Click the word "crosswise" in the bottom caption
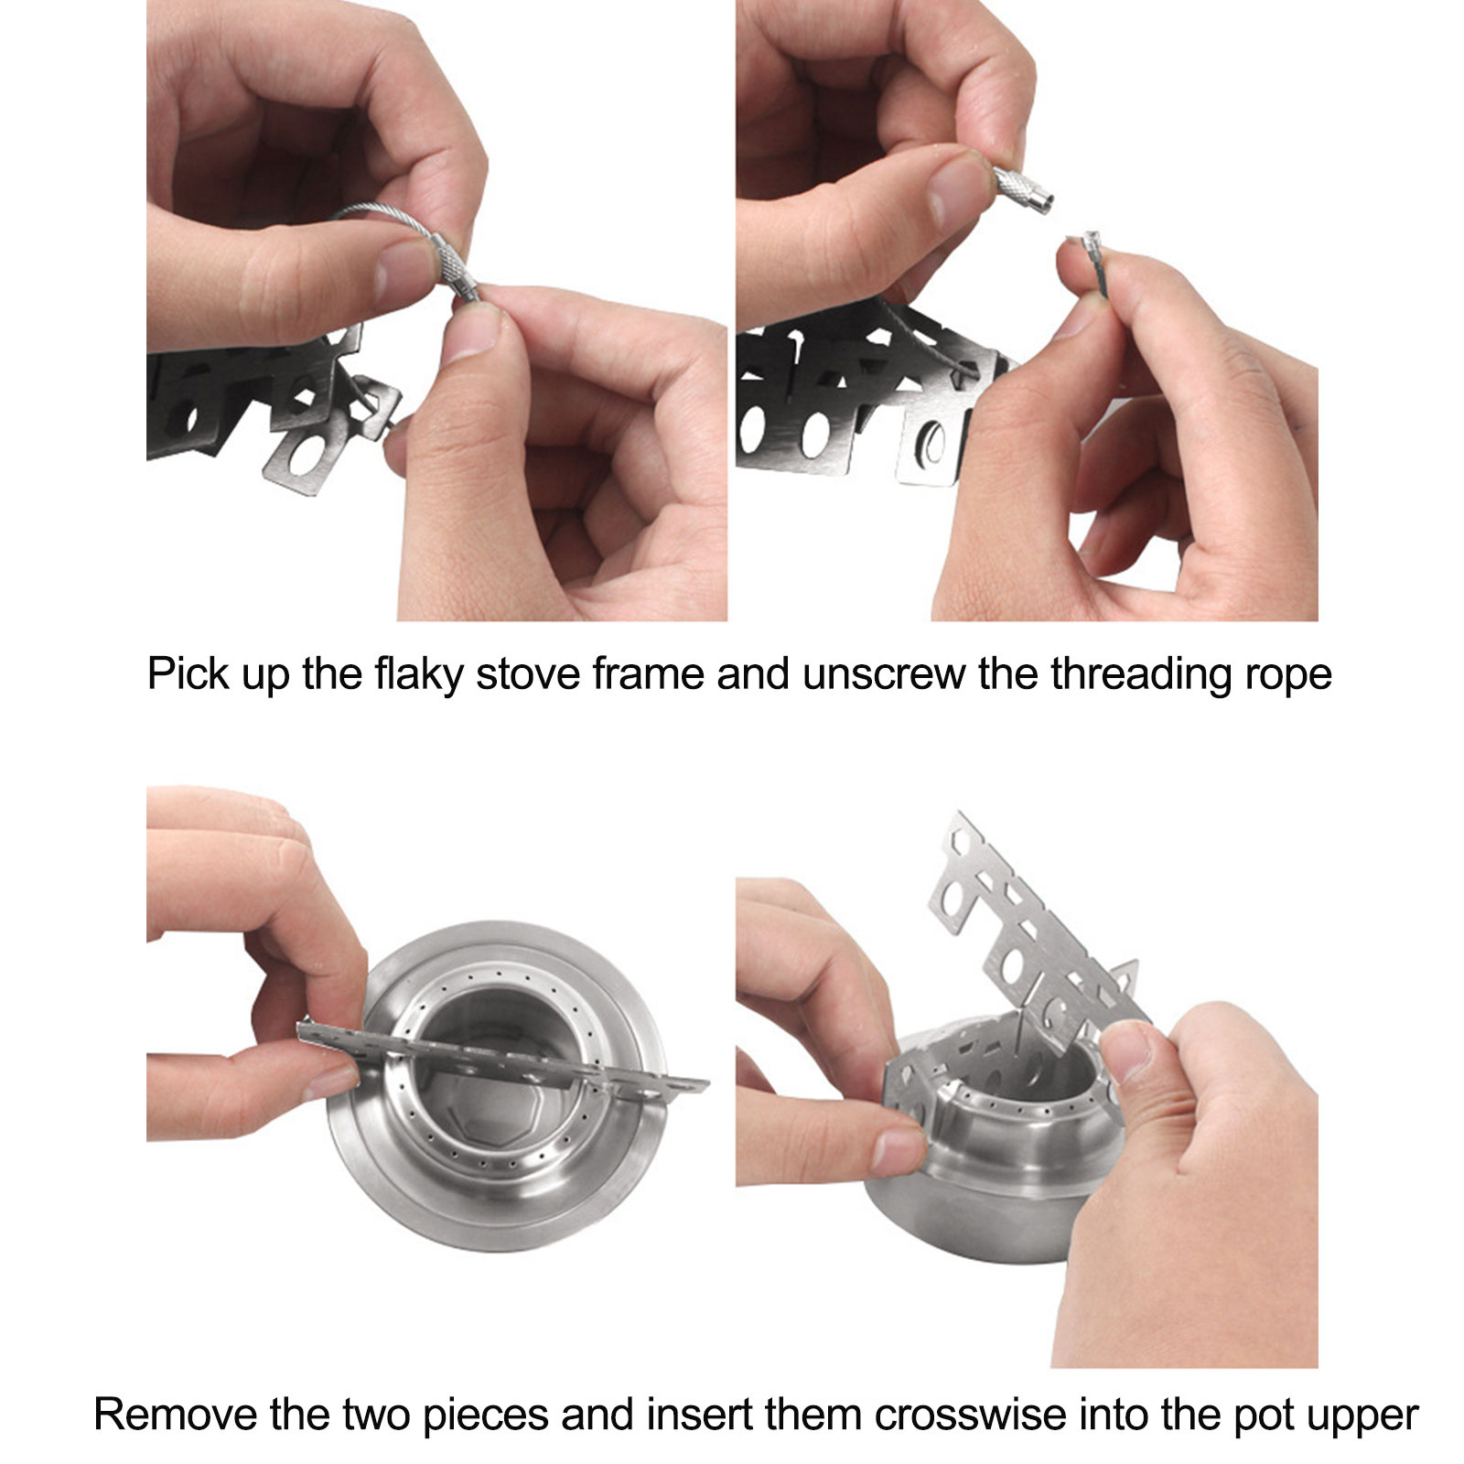click(x=970, y=1415)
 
